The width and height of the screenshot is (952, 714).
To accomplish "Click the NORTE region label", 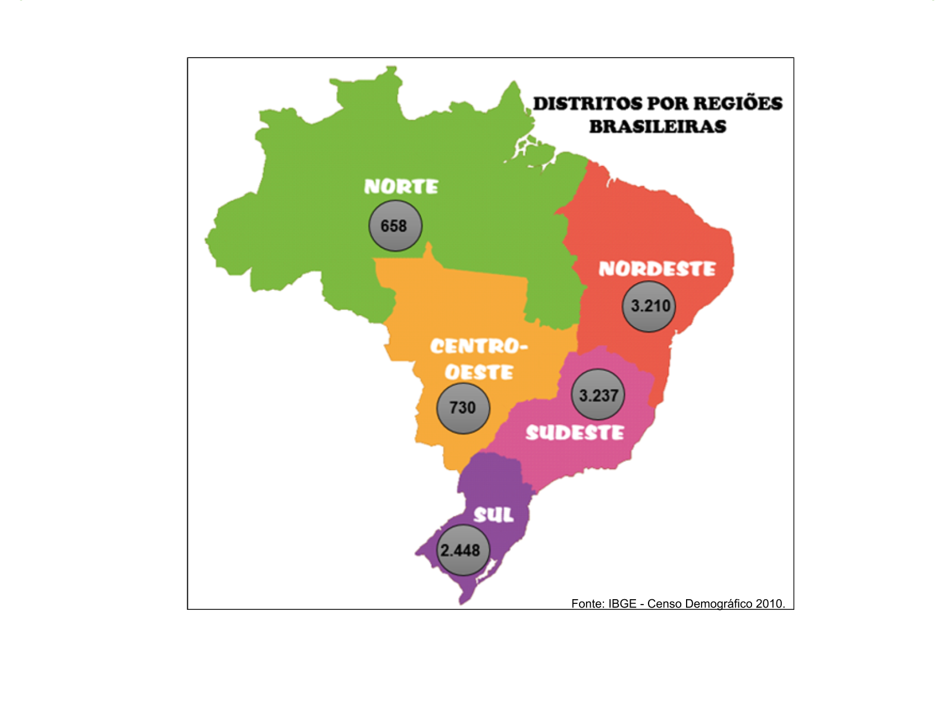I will pos(401,187).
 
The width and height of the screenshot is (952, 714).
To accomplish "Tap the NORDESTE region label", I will pos(657,269).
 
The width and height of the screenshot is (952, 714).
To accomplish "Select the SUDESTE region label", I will pos(575,433).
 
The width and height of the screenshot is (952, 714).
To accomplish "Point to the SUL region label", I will pos(493,515).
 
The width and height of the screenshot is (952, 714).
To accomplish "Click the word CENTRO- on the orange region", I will pos(479,346).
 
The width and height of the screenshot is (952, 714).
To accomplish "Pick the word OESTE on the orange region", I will pos(479,372).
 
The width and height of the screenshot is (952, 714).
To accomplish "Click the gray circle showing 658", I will pos(395,226).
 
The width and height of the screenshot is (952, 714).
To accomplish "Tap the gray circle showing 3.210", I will pos(649,306).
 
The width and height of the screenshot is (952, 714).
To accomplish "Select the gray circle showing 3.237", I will pos(598,395).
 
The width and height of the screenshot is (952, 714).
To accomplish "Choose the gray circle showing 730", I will pos(463,408).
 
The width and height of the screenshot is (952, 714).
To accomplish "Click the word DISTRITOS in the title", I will pos(587,104).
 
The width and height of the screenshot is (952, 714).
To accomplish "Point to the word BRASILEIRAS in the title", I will pos(657,127).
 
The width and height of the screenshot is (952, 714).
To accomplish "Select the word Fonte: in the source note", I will pos(588,604).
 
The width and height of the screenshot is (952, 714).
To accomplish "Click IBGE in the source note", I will pos(622,604).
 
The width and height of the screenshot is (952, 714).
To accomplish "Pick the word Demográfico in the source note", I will pos(719,604).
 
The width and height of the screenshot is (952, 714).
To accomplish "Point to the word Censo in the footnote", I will pos(665,604).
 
